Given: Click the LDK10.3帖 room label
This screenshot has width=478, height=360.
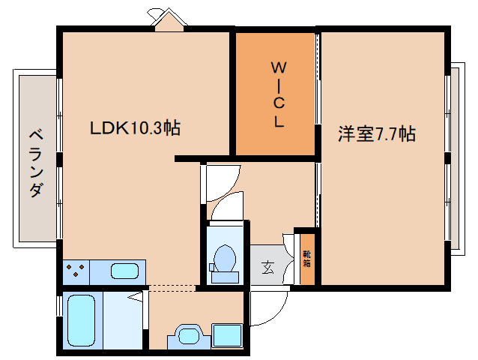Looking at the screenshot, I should click(135, 128).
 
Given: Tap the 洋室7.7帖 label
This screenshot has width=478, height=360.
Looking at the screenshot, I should click(377, 134).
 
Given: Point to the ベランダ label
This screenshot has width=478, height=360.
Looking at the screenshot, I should click(35, 163).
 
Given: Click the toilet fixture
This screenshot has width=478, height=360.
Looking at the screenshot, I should click(224, 260).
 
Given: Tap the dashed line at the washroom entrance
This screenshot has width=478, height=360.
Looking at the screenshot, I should click(172, 287).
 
